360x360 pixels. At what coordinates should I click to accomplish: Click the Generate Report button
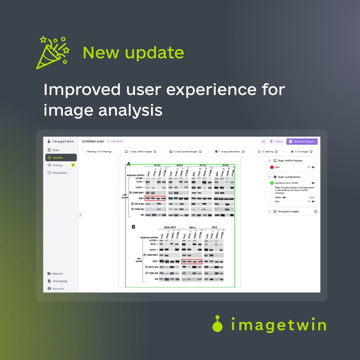pos(302,142)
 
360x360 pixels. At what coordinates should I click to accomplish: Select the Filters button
pos(277,142)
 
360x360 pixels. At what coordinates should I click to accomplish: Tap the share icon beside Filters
pos(263,142)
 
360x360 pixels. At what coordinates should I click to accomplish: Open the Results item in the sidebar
pos(61,158)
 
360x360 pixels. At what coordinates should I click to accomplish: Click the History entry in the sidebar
pos(57,165)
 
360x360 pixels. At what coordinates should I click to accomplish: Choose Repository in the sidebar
pos(60,173)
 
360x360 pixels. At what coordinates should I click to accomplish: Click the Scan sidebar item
pos(56,150)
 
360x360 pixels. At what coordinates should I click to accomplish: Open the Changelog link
pos(60,281)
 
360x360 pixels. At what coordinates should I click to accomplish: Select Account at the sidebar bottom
pos(58,289)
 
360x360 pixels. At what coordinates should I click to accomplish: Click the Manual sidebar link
pos(57,274)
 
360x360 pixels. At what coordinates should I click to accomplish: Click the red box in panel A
pos(155,198)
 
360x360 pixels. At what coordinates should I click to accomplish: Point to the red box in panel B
pos(192,262)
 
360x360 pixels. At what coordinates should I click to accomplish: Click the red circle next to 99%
pos(272,167)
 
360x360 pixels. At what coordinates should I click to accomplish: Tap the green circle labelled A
pos(272,183)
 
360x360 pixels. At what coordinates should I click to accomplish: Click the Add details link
pos(115,141)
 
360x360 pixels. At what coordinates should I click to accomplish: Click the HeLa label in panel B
pos(192,227)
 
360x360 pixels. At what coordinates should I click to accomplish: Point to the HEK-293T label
pos(170,227)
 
